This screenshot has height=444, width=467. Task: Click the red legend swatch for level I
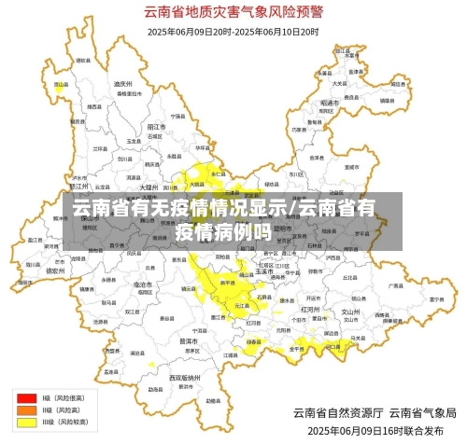[x=24, y=397]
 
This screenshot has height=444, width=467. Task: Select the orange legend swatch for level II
[x=24, y=409]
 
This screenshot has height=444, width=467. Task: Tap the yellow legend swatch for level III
[x=24, y=421]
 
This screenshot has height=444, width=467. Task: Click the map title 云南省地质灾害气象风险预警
[x=233, y=12]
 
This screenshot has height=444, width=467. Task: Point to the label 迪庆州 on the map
[x=122, y=84]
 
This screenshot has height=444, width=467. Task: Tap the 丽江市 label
[x=156, y=124]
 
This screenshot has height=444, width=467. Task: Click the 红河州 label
[x=311, y=307]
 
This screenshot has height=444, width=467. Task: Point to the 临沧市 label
[x=143, y=283]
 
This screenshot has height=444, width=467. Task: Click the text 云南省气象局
[x=422, y=412]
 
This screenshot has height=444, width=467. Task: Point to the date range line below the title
[x=233, y=31]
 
